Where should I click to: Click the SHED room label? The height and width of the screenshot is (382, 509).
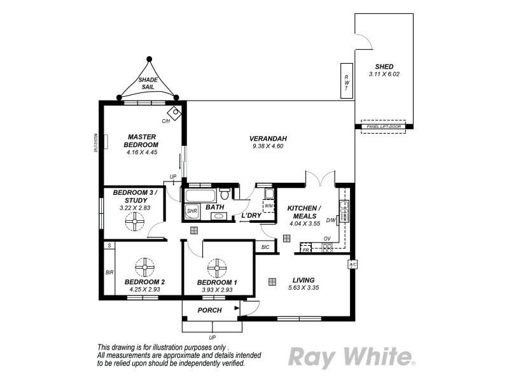(384, 66)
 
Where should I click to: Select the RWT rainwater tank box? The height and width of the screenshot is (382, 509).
(346, 81)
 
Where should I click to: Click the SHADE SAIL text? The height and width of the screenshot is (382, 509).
(148, 83)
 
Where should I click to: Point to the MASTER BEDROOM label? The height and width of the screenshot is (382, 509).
(142, 141)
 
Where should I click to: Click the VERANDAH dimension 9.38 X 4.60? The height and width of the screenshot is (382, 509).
(267, 146)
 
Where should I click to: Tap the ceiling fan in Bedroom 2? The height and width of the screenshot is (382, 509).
(145, 266)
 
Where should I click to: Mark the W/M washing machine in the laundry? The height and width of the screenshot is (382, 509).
(268, 206)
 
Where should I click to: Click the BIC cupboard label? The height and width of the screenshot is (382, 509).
(265, 248)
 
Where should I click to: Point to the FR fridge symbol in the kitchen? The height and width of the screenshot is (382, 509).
(305, 250)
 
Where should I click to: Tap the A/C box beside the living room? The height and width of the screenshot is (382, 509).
(351, 264)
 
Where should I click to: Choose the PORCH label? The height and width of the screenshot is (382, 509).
(209, 311)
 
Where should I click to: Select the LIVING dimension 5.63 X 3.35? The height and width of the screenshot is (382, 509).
(303, 288)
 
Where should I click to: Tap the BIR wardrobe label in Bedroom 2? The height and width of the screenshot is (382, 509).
(109, 272)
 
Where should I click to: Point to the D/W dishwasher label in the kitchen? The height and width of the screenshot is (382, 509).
(330, 220)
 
